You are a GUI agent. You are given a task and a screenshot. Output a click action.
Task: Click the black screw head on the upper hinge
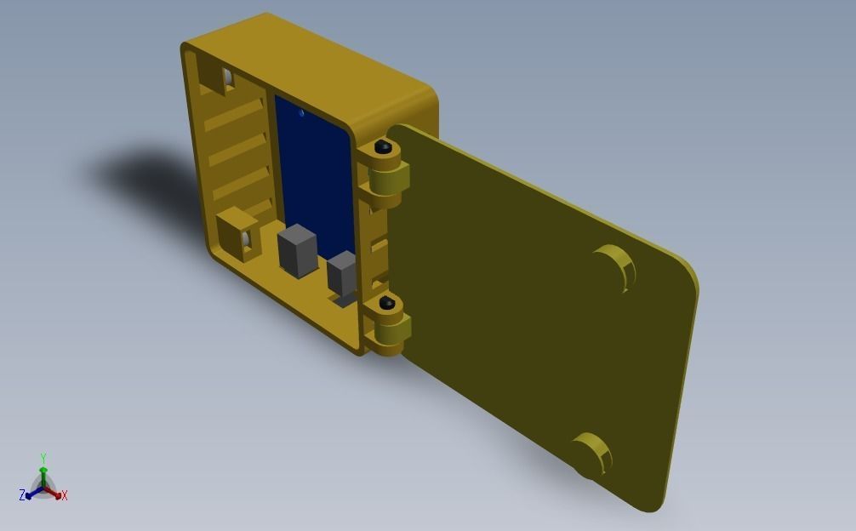point(385,148)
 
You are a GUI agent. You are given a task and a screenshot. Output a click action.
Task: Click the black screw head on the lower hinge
point(387,303)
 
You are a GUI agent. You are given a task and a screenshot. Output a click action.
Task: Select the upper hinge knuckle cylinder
point(390,179)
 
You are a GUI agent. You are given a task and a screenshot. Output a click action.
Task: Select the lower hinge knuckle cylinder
point(392,332)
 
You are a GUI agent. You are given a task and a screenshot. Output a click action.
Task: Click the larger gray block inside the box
point(297,250)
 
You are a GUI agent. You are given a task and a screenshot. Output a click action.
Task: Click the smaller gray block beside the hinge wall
point(342,272)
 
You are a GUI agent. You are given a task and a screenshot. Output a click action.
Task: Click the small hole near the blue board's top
point(301,112)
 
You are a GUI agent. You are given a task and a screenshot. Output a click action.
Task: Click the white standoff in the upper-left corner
point(228,79)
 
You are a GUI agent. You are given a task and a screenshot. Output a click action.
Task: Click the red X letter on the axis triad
point(64,495)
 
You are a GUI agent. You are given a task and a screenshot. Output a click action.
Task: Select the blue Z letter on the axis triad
point(22,495)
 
